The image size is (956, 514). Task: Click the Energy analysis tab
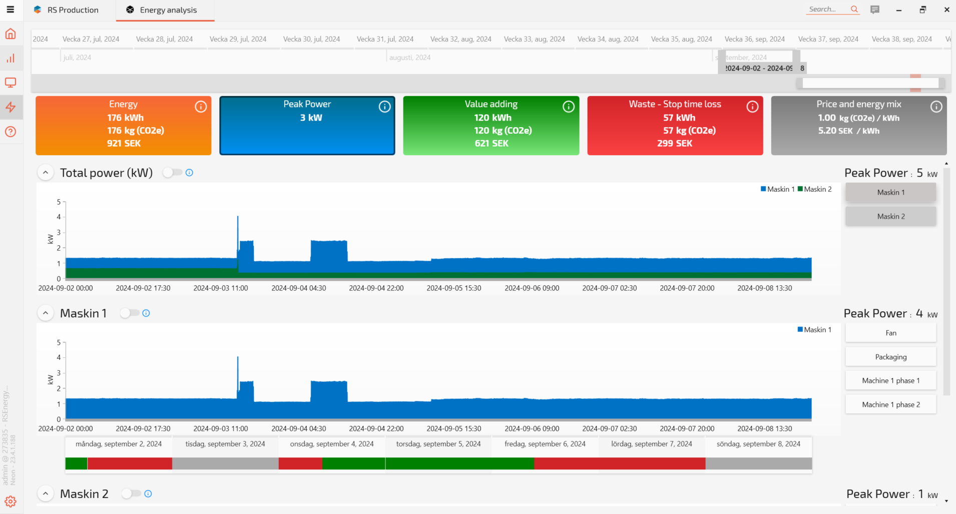click(x=168, y=10)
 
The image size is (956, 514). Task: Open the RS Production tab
click(x=73, y=10)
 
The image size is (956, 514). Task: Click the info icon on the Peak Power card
click(x=384, y=107)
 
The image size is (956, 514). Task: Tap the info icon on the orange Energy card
click(x=201, y=107)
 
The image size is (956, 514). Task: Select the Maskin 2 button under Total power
click(x=890, y=216)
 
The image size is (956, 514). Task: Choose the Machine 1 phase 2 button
click(x=890, y=404)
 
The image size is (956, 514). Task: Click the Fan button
click(x=890, y=333)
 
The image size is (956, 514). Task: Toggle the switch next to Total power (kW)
click(x=172, y=173)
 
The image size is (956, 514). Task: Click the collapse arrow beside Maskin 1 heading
click(x=46, y=313)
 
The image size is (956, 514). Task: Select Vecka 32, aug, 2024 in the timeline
click(x=460, y=39)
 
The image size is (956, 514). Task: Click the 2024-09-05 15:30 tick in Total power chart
click(x=454, y=288)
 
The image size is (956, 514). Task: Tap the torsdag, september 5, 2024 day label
click(x=438, y=444)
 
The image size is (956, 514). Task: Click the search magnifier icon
click(x=854, y=10)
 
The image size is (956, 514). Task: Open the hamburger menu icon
click(x=10, y=10)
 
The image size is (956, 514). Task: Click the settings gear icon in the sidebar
click(x=11, y=501)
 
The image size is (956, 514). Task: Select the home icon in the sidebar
click(x=11, y=34)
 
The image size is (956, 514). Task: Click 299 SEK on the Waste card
click(x=675, y=144)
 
